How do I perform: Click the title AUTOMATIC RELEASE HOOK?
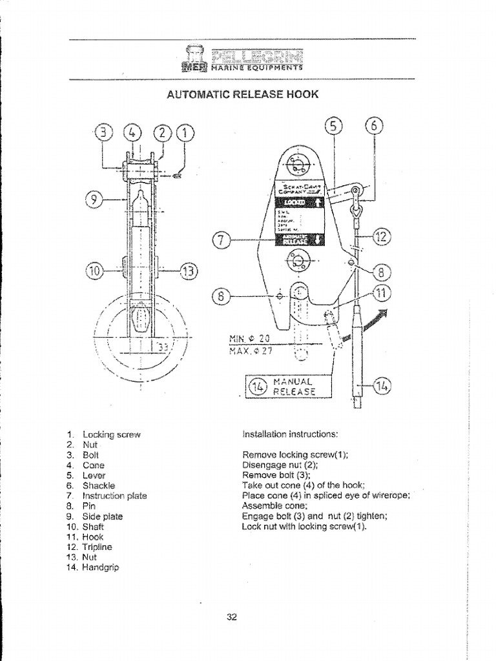coord(243,94)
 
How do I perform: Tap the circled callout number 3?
coord(104,134)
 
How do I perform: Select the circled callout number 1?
coord(186,134)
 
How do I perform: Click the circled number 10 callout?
coord(94,270)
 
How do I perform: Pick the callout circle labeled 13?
coord(189,270)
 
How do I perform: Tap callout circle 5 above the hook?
coord(333,127)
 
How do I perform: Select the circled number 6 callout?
coord(374,127)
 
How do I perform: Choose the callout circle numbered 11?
coord(382,294)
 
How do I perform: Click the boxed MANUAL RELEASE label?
coord(285,386)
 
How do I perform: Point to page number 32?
coord(232,617)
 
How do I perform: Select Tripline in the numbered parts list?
coord(97,547)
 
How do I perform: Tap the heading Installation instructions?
coord(290,434)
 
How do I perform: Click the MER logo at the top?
coord(192,65)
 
